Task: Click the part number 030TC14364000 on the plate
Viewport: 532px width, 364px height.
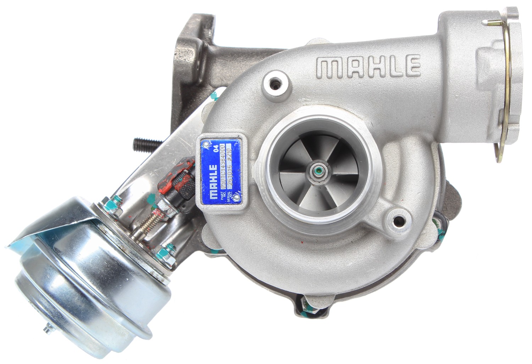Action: point(223,170)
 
